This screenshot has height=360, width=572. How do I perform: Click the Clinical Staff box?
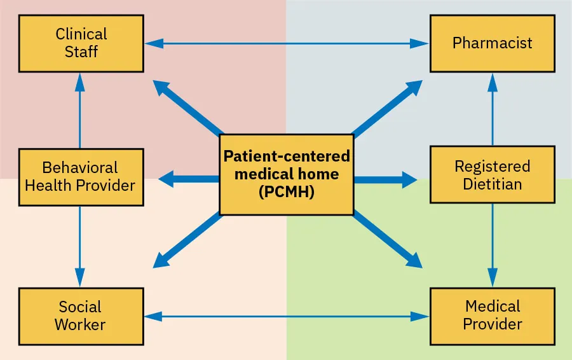tap(81, 43)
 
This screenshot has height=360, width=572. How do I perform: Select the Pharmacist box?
tap(492, 43)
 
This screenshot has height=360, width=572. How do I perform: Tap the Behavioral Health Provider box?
tap(80, 177)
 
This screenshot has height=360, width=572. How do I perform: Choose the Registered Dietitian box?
tap(492, 176)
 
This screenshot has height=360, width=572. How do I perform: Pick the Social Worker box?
tap(80, 316)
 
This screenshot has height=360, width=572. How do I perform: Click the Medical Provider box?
tap(492, 316)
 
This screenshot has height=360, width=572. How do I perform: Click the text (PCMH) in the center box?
tap(287, 193)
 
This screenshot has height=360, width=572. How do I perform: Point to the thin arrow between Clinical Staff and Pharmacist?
tap(286, 43)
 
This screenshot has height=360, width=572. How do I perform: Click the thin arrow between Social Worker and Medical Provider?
tap(286, 316)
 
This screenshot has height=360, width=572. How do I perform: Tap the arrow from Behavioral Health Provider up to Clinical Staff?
tap(80, 111)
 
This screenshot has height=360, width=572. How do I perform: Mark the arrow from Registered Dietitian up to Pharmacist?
tap(492, 109)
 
